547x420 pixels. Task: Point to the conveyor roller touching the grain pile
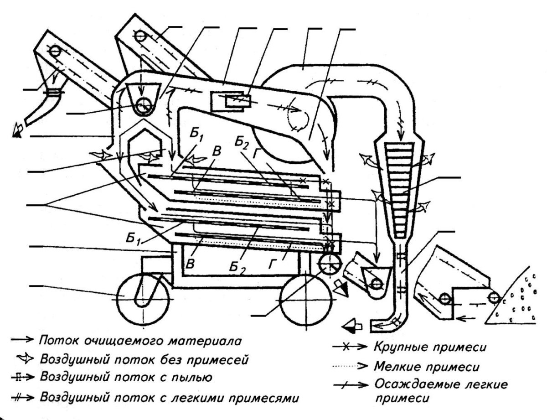(493, 298)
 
